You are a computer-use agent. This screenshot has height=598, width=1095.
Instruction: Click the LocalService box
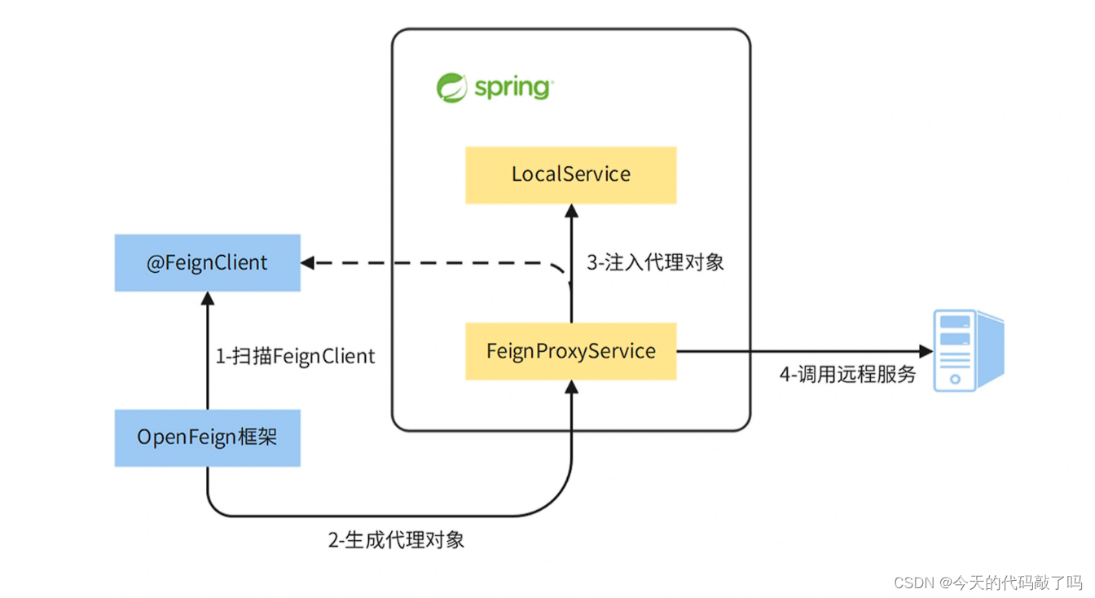[x=570, y=174]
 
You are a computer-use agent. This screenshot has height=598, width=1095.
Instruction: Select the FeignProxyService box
[x=570, y=351]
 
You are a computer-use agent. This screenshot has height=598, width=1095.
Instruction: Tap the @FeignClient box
[x=207, y=262]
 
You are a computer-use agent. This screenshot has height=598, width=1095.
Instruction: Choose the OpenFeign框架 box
[x=207, y=438]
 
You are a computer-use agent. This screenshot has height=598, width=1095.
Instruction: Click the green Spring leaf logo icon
[x=451, y=87]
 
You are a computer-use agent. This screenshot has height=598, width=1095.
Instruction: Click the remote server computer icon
[x=967, y=350]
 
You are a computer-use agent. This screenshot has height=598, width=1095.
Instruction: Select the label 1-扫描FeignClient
[x=295, y=356]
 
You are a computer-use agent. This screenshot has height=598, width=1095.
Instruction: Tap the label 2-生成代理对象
[x=396, y=540]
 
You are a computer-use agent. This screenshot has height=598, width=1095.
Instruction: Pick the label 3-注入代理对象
[x=655, y=262]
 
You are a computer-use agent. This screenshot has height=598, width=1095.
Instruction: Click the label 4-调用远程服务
[x=847, y=375]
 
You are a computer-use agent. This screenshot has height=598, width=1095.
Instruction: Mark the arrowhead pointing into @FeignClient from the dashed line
[x=308, y=262]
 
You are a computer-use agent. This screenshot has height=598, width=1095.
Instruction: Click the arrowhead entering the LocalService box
[x=571, y=211]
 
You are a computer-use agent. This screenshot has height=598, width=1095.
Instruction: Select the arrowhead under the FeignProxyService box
[x=571, y=388]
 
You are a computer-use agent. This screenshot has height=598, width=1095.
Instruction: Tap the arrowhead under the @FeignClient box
[x=207, y=299]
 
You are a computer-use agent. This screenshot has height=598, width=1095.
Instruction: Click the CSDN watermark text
[x=987, y=583]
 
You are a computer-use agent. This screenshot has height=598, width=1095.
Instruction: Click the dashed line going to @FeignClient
[x=432, y=262]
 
